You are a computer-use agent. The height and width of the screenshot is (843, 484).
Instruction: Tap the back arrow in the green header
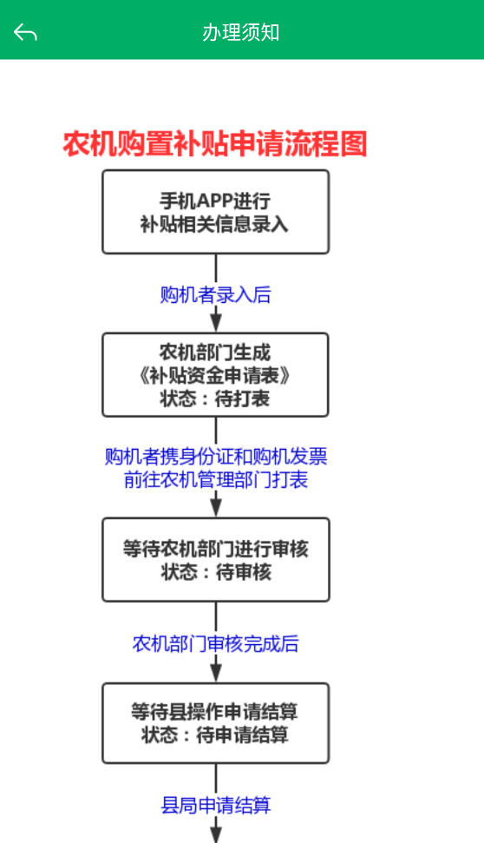(25, 32)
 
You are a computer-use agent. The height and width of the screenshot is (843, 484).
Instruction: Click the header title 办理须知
(240, 32)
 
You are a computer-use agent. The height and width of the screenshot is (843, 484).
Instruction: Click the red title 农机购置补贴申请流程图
(215, 144)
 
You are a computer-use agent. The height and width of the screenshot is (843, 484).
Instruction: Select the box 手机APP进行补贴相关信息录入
(215, 212)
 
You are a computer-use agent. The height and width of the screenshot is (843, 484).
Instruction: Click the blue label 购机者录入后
(215, 294)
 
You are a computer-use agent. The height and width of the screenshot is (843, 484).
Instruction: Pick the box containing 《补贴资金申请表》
(215, 375)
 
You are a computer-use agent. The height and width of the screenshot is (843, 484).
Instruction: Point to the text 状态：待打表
(215, 398)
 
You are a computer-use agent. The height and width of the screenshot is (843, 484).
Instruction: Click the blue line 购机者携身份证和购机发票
(216, 457)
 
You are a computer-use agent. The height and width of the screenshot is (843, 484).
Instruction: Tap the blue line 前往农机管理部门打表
(216, 479)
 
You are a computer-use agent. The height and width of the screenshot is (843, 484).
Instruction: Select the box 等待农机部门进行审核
(215, 560)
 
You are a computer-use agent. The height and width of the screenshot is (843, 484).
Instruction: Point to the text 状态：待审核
(216, 572)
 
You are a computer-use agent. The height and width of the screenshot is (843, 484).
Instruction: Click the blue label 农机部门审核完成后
(215, 643)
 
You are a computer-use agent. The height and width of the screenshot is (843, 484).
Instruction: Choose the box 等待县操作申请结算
(215, 723)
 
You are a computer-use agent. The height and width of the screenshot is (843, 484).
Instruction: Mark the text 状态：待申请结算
(215, 734)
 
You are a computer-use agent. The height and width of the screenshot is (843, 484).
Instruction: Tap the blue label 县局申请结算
(215, 806)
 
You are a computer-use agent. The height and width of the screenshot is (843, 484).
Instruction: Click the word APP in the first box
(215, 201)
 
